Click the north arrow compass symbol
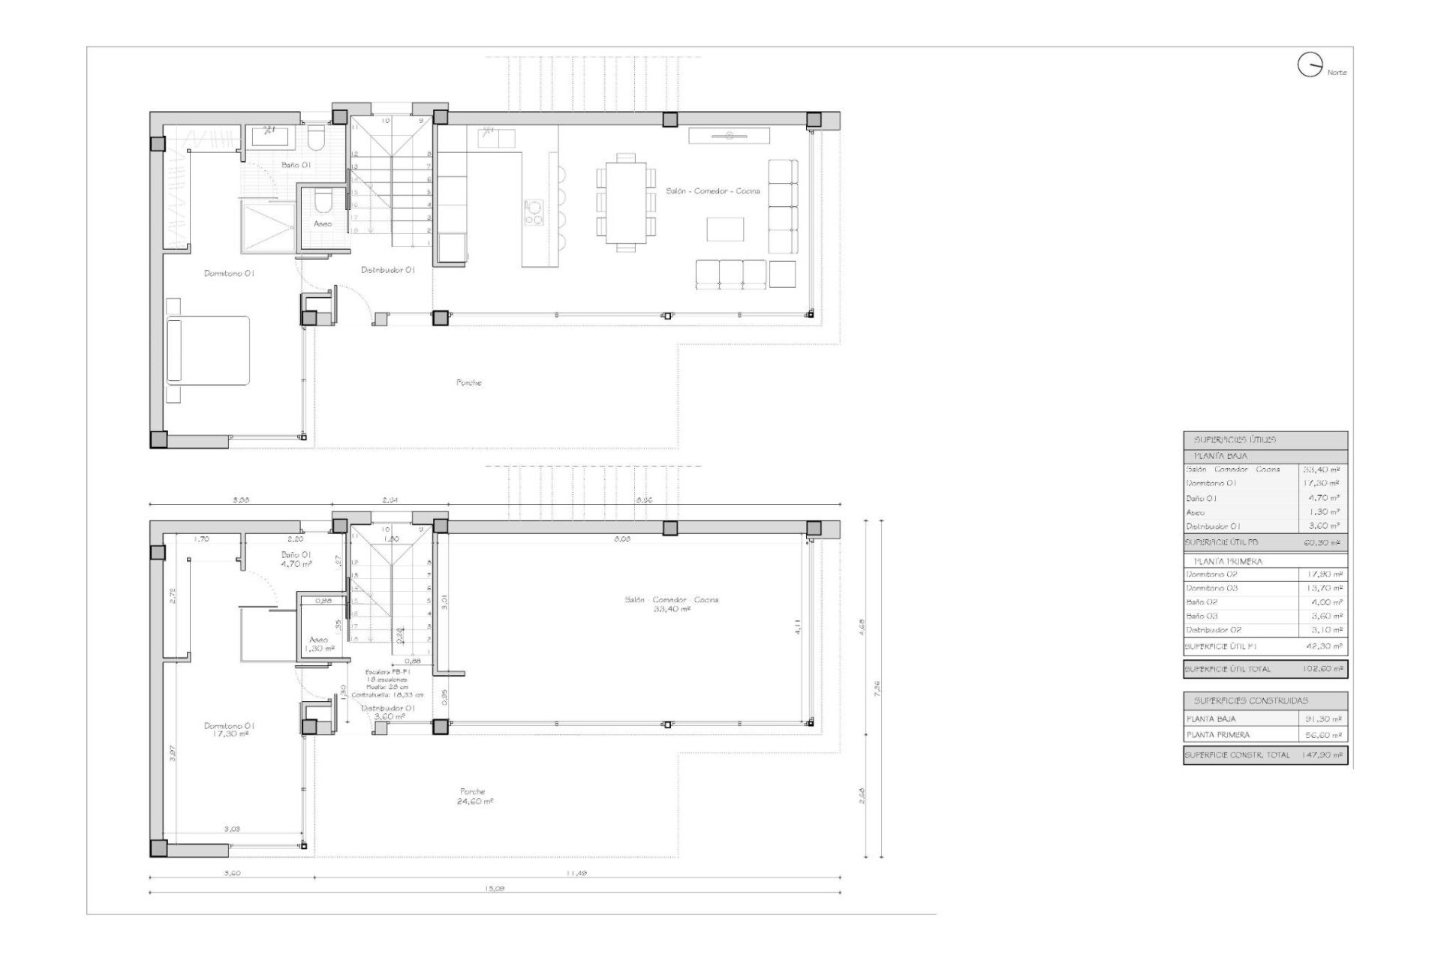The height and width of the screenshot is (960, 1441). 1309,65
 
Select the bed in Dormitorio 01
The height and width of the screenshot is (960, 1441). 208,351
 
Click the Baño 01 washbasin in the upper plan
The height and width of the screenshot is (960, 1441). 266,135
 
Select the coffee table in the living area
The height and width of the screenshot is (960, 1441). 725,229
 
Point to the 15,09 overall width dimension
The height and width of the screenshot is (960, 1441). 495,888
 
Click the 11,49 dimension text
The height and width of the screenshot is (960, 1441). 576,872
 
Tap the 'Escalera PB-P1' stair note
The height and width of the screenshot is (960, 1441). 387,673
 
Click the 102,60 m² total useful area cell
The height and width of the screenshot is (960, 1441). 1322,668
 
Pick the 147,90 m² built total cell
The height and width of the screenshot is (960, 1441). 1322,755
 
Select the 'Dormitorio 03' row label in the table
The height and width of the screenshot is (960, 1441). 1212,588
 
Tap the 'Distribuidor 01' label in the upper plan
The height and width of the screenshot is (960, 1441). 387,270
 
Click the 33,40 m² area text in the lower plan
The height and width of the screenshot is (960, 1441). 672,610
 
